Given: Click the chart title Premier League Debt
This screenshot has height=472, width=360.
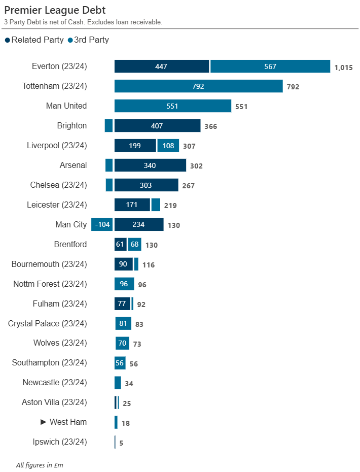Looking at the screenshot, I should click(x=55, y=10).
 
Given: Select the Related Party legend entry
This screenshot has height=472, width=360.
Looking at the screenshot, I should click(x=34, y=40).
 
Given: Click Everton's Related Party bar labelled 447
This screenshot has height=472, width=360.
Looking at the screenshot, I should click(x=161, y=66).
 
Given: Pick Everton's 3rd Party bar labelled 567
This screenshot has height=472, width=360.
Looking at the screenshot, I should click(x=270, y=66).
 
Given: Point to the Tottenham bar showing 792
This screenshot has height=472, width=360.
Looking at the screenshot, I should click(x=198, y=86).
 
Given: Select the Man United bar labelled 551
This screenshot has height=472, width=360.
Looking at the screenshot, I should click(x=172, y=106).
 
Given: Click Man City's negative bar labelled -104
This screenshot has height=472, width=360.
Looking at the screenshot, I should click(x=102, y=225).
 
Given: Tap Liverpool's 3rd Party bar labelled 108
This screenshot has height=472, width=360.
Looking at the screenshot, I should click(x=168, y=146).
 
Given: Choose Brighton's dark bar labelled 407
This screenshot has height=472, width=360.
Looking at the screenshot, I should click(x=157, y=126).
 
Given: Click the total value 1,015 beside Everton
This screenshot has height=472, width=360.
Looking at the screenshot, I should click(x=343, y=67).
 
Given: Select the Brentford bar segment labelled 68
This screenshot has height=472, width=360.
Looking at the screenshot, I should click(x=134, y=245).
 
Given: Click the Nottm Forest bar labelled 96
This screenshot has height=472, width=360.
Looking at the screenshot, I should click(x=124, y=284).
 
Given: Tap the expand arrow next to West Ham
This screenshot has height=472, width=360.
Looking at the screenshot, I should click(x=43, y=422).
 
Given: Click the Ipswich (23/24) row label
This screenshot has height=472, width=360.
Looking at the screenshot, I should click(x=59, y=442).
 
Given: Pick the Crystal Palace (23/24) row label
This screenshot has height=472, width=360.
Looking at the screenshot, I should click(x=47, y=323).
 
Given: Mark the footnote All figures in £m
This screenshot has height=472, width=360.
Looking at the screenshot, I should click(x=40, y=465).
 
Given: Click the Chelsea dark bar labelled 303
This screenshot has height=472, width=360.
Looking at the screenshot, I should click(x=146, y=185).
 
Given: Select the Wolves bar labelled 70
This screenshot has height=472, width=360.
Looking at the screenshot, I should click(x=122, y=343).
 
